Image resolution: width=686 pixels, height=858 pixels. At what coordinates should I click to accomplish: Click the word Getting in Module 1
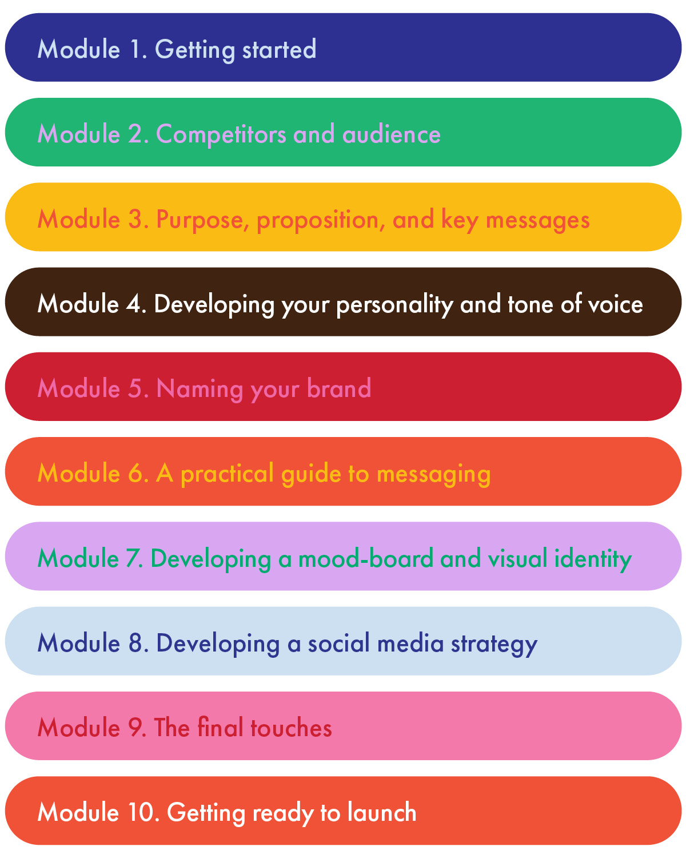195,50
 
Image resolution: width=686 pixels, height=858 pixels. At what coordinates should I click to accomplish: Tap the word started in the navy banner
279,50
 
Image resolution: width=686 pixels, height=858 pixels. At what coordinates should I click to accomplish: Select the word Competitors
221,134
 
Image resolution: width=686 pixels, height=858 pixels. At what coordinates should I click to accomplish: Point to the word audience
391,134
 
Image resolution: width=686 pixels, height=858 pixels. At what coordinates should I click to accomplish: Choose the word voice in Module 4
616,304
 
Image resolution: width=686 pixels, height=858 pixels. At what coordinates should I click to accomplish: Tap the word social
339,643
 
